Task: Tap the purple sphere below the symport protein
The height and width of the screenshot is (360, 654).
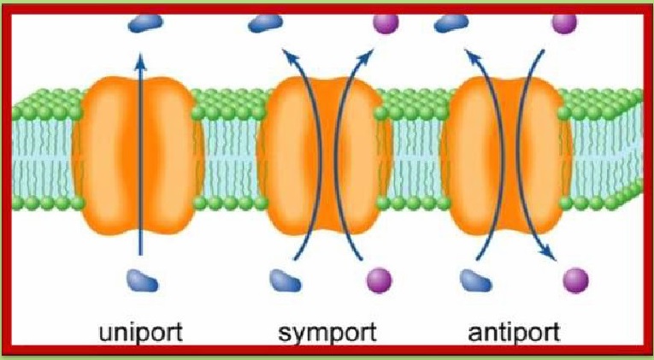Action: tap(377, 279)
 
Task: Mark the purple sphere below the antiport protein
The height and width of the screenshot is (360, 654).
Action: tap(576, 279)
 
